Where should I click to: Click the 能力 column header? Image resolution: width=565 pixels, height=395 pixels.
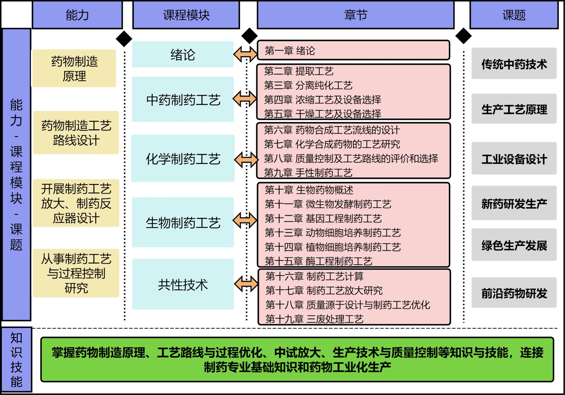pyautogui.click(x=77, y=15)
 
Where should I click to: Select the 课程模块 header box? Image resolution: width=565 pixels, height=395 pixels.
pyautogui.click(x=186, y=15)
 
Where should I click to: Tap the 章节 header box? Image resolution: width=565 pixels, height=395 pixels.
pyautogui.click(x=356, y=15)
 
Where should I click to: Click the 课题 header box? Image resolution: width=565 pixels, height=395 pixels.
pyautogui.click(x=514, y=15)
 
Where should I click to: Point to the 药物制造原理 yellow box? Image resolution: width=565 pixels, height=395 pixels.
pyautogui.click(x=74, y=69)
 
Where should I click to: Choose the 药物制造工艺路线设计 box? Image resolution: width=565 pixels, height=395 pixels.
pyautogui.click(x=76, y=133)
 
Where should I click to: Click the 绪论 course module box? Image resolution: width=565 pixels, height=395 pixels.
pyautogui.click(x=183, y=54)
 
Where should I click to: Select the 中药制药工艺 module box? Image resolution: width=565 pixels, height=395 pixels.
pyautogui.click(x=183, y=100)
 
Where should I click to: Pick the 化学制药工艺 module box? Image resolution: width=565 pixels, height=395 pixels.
pyautogui.click(x=183, y=159)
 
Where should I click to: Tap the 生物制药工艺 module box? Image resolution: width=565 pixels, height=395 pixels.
pyautogui.click(x=183, y=223)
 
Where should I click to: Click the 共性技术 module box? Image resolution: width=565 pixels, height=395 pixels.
pyautogui.click(x=183, y=284)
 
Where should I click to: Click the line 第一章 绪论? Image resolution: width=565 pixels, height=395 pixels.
pyautogui.click(x=290, y=51)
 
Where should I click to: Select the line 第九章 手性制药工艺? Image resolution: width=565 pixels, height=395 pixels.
pyautogui.click(x=308, y=173)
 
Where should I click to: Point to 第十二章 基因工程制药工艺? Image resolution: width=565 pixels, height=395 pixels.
pyautogui.click(x=323, y=219)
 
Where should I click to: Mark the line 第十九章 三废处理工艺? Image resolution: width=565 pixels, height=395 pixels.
pyautogui.click(x=314, y=319)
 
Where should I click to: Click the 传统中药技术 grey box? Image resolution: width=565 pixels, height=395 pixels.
pyautogui.click(x=514, y=64)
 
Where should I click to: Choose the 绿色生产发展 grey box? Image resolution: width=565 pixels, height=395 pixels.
pyautogui.click(x=514, y=245)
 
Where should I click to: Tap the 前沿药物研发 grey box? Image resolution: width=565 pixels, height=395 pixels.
pyautogui.click(x=514, y=293)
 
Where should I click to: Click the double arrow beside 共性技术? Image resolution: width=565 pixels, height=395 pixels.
pyautogui.click(x=246, y=283)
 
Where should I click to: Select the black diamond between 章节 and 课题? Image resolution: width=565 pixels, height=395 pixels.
pyautogui.click(x=464, y=36)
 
